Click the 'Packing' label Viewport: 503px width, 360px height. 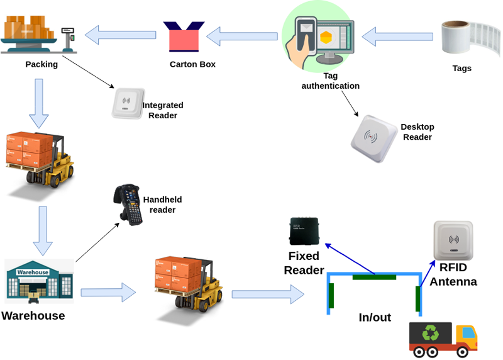41,64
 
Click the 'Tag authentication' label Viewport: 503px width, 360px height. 331,81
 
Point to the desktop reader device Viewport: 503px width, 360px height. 375,138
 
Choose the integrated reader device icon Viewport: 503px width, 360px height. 128,103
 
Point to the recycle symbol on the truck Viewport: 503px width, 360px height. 431,334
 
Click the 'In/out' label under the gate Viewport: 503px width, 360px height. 375,317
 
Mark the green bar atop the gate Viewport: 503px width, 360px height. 374,276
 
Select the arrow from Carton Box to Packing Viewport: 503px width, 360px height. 120,35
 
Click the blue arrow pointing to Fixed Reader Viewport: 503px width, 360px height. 350,258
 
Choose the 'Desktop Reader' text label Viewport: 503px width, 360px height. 417,132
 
